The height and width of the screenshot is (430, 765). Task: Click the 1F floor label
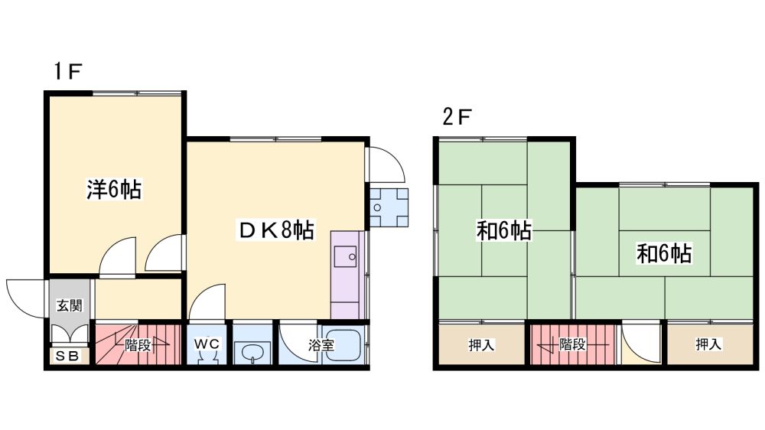click(67, 71)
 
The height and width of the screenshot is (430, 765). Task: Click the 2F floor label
click(457, 116)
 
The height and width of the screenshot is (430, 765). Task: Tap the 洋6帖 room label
click(114, 190)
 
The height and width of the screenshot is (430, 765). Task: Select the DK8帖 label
click(276, 230)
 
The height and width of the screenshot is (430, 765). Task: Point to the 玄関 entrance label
click(70, 305)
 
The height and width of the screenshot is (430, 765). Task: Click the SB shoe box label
click(67, 357)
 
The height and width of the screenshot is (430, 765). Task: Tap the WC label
click(207, 344)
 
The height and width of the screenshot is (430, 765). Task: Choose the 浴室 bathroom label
click(321, 345)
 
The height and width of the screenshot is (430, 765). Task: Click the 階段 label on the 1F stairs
click(138, 345)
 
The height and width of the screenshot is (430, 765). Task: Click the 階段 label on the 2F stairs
click(572, 344)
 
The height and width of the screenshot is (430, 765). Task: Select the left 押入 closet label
click(481, 345)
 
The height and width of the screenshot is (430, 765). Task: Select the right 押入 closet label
click(708, 344)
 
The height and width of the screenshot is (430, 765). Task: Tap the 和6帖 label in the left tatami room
click(504, 230)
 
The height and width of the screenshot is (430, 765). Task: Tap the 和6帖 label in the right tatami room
click(664, 253)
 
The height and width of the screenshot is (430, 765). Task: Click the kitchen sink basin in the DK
click(346, 257)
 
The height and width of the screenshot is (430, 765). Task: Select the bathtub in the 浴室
click(343, 344)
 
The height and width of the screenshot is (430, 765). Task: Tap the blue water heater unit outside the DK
click(389, 207)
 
